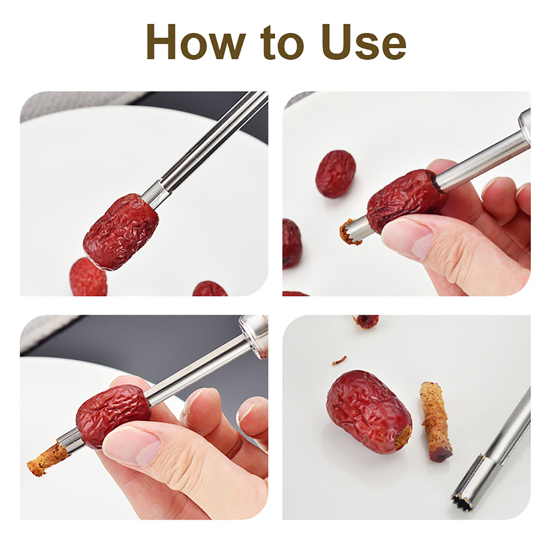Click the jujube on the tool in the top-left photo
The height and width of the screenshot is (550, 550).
pyautogui.click(x=121, y=231)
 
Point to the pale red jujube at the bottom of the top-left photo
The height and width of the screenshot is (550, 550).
pyautogui.click(x=88, y=277)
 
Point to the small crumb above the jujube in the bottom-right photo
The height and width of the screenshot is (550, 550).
pyautogui.click(x=339, y=360)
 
